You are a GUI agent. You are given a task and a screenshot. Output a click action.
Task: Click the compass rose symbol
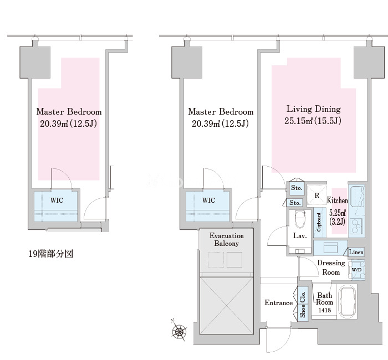click(178, 331)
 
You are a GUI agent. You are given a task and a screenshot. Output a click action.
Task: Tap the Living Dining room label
click(314, 109)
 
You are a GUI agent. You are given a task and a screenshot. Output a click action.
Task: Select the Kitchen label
click(337, 200)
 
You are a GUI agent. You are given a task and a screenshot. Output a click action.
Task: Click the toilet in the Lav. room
click(300, 219)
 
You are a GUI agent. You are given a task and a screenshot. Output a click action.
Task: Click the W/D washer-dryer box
click(357, 270)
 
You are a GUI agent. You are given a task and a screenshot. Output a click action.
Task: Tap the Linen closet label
click(356, 252)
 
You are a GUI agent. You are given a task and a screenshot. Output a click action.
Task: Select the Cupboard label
click(319, 222)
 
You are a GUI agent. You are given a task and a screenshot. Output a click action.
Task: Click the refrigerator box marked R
click(316, 196)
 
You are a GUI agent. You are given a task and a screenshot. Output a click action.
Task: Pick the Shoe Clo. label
click(303, 305)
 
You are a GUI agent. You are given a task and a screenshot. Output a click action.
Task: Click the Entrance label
click(279, 302)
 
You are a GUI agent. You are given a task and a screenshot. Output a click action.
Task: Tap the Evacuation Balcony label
click(226, 239)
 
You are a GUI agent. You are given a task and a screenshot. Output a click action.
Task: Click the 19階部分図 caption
click(51, 254)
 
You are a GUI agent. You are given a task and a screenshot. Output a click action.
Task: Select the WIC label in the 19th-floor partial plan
click(57, 200)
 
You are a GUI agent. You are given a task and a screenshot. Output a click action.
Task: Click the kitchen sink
click(356, 196)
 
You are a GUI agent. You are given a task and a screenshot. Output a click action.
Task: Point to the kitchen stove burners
click(356, 226)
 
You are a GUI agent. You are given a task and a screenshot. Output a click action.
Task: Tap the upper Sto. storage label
click(297, 188)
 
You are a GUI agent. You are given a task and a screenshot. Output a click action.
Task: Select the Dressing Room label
click(331, 268)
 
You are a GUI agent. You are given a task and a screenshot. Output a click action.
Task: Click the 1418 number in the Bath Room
click(324, 310)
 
